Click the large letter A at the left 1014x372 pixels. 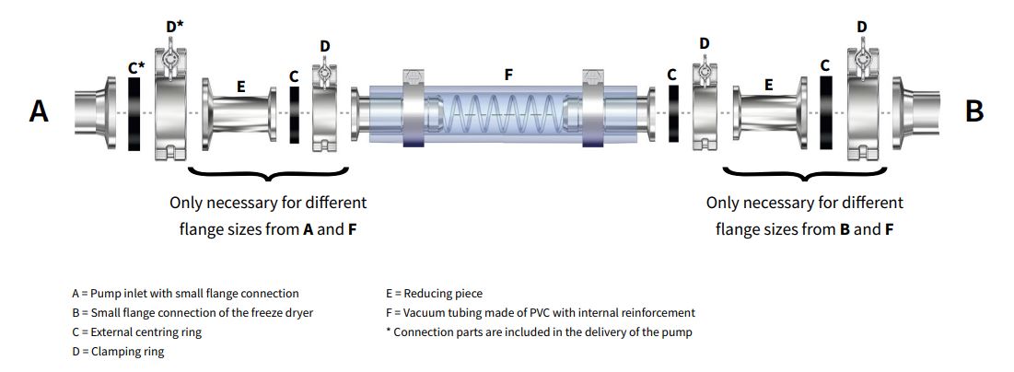[39, 111]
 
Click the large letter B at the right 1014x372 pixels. [974, 111]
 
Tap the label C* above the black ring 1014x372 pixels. [135, 66]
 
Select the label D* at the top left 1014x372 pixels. [174, 27]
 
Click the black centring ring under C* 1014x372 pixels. [134, 113]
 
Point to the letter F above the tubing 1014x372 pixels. [507, 73]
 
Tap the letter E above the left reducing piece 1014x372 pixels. [240, 87]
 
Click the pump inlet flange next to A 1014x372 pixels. [94, 112]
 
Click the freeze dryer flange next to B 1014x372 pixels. [916, 112]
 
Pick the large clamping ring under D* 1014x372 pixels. [171, 112]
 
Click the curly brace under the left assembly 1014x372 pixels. [267, 174]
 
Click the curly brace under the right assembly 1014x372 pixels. [804, 174]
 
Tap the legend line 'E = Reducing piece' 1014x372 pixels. [434, 294]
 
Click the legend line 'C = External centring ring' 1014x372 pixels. [136, 331]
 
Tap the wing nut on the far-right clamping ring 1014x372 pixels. [862, 57]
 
